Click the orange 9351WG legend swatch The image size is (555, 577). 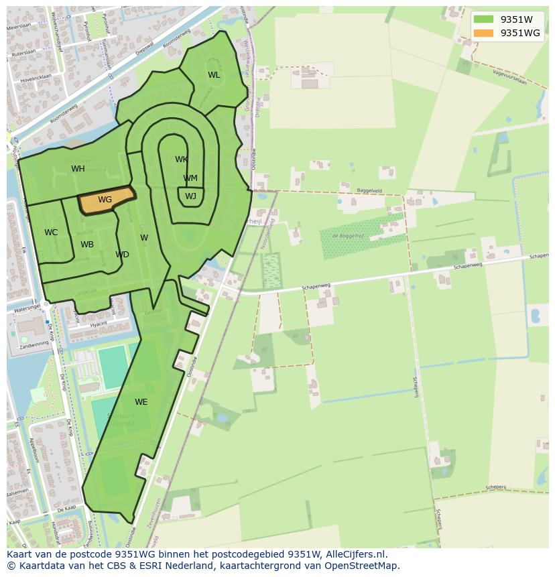tap(483, 33)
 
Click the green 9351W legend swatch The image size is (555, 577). tap(483, 19)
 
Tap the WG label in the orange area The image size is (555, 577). tap(105, 200)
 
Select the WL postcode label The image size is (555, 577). tap(214, 75)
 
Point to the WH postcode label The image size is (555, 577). tap(78, 169)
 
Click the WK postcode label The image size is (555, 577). tap(181, 159)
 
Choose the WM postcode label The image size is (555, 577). tap(190, 178)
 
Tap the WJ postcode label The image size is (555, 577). tap(190, 196)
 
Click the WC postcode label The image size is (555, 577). tap(51, 233)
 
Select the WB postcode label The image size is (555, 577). tap(87, 245)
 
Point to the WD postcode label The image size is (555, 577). tap(122, 255)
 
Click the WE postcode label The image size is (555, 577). tap(141, 402)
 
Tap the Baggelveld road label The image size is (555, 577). tap(369, 190)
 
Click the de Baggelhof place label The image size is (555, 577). tap(347, 235)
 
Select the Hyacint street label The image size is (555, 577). tap(99, 323)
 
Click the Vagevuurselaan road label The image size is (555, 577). tap(509, 78)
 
